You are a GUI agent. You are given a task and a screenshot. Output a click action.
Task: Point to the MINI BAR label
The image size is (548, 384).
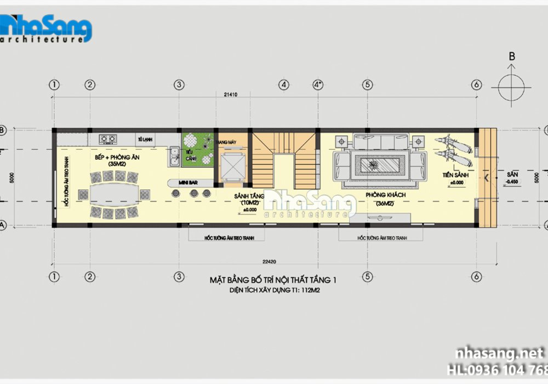[x=189, y=182]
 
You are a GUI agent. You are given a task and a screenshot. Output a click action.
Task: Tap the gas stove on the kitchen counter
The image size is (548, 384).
[x=109, y=138]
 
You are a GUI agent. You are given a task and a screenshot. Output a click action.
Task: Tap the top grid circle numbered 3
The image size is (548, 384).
[x=178, y=84]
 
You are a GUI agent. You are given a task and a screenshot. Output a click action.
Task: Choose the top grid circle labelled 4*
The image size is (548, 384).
[x=318, y=84]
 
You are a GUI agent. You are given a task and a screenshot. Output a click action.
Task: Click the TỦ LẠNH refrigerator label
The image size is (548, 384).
[x=144, y=139]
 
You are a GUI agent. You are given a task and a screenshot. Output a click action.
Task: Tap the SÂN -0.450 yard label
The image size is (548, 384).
[x=512, y=177]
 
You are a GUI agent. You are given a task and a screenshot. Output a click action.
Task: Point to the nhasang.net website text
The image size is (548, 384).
[x=496, y=353]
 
